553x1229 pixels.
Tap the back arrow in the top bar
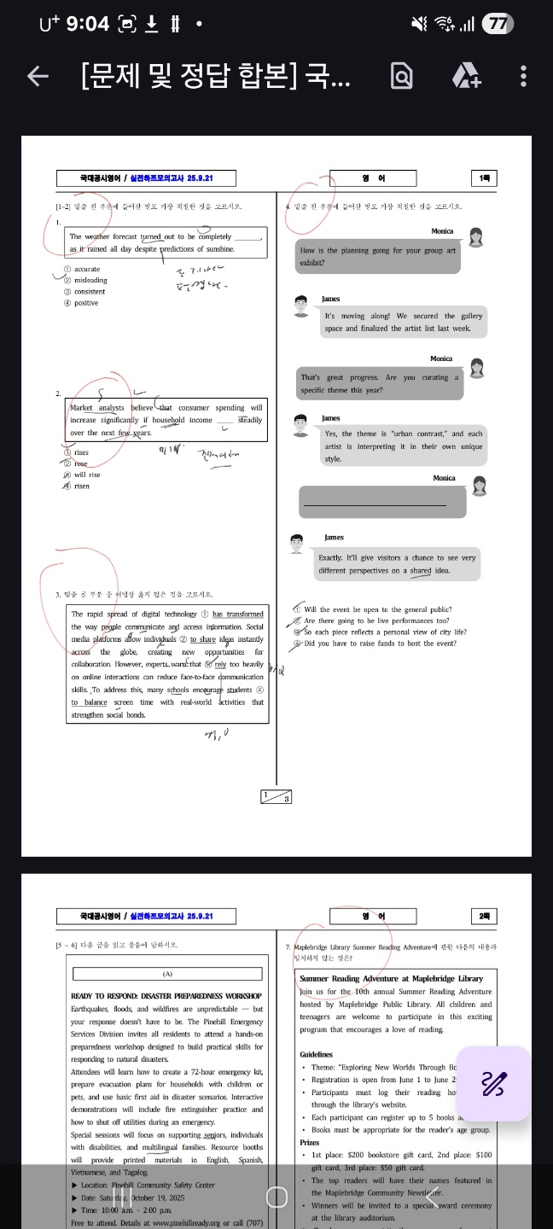click(x=38, y=77)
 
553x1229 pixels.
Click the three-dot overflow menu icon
click(x=523, y=77)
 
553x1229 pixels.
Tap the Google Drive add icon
click(x=466, y=77)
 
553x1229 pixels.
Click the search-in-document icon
click(x=401, y=77)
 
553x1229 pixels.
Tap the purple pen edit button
click(x=493, y=1084)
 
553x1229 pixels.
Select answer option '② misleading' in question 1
click(x=85, y=280)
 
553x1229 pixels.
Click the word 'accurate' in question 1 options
click(x=86, y=269)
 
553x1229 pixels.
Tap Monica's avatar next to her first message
click(x=476, y=238)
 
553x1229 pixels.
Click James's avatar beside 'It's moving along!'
click(x=300, y=306)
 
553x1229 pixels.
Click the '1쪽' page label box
click(x=484, y=178)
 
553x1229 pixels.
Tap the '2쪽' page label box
click(x=484, y=916)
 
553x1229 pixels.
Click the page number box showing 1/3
click(x=276, y=796)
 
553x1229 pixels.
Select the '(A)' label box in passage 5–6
click(x=167, y=974)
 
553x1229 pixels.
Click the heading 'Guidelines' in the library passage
click(x=317, y=1055)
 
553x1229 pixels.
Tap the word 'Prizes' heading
click(x=310, y=1142)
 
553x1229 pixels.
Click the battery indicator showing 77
click(x=497, y=24)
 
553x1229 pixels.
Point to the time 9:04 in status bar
click(x=87, y=24)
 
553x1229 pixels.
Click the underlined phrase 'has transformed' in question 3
click(x=237, y=614)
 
